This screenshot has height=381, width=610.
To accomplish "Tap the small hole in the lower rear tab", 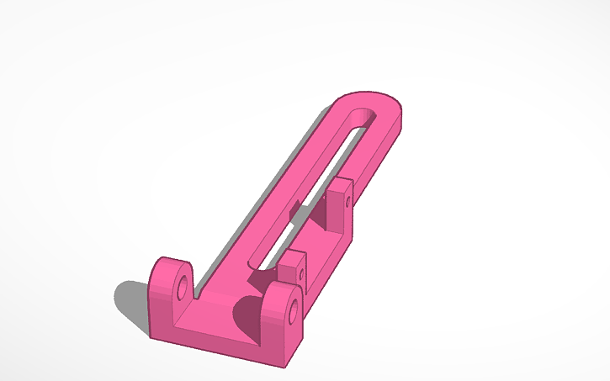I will tap(301, 274).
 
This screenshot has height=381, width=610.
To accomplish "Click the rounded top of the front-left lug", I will tap(172, 262).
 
